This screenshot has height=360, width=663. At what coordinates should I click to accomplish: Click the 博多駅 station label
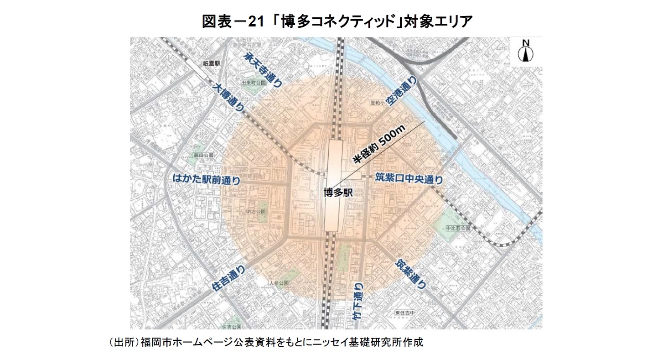click(x=338, y=193)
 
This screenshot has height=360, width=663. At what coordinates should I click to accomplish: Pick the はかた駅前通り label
click(x=206, y=180)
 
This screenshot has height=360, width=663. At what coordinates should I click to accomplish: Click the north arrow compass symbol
click(x=526, y=52)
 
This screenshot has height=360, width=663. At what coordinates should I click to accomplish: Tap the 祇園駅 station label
click(x=212, y=64)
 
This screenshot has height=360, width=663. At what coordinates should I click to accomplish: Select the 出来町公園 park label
click(x=253, y=83)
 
